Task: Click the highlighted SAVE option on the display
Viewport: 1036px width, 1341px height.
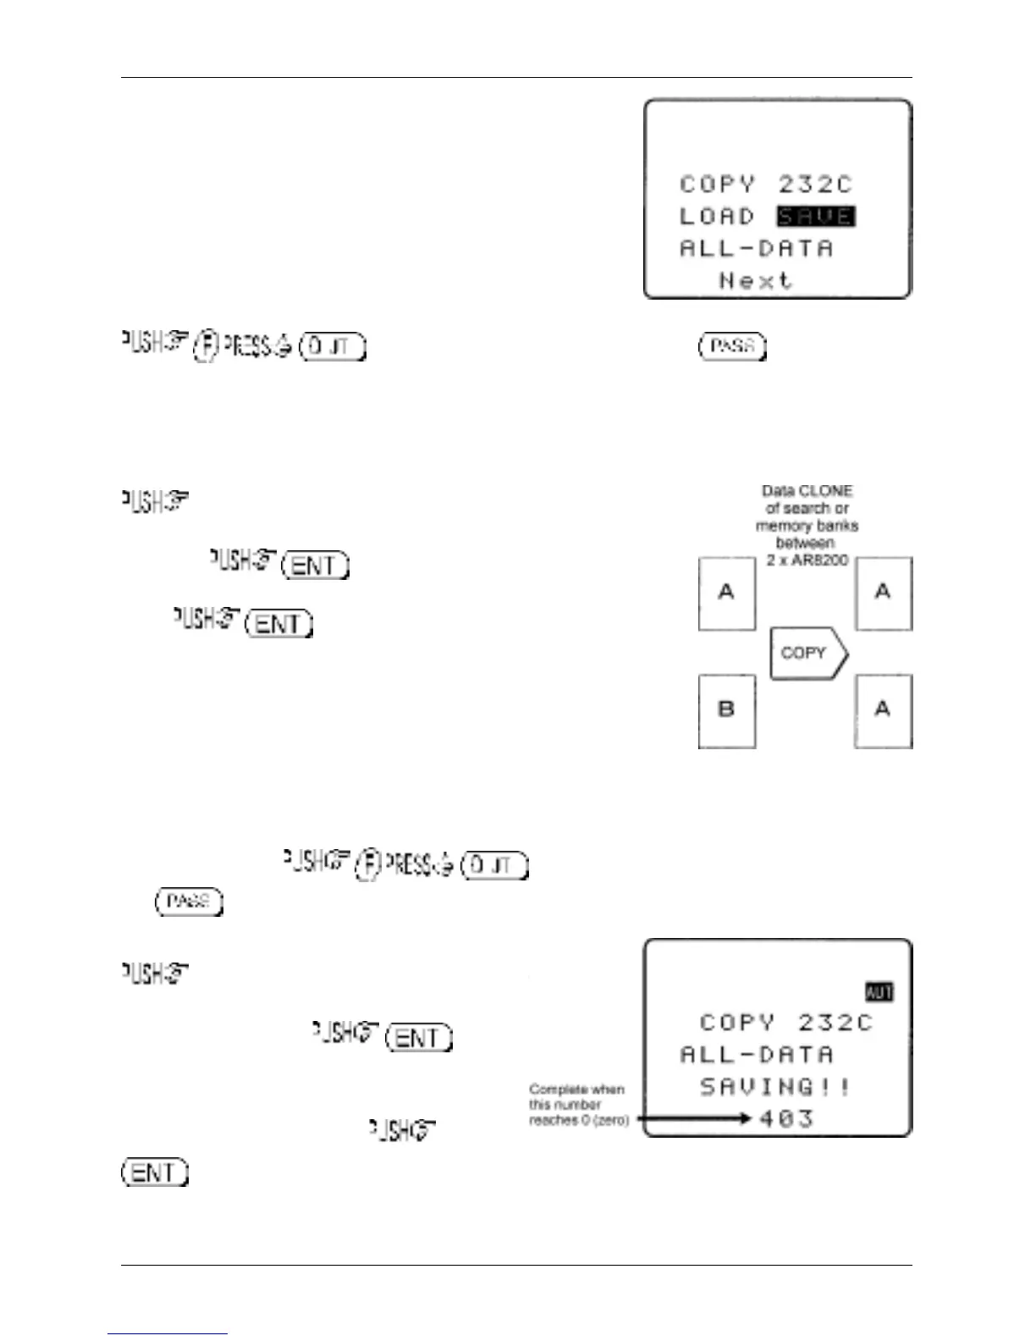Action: coord(816,217)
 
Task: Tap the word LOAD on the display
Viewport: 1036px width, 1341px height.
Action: coord(717,217)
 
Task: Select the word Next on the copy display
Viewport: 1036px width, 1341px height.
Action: coord(755,280)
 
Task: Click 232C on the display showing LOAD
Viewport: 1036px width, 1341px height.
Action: coord(815,185)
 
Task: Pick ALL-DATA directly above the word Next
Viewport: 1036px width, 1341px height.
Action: coord(756,249)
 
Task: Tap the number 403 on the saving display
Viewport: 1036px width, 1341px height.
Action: coord(786,1118)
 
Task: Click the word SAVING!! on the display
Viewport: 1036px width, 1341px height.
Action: coord(774,1087)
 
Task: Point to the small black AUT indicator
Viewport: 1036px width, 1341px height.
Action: coord(879,991)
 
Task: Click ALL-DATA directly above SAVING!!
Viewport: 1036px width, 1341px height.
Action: coord(756,1055)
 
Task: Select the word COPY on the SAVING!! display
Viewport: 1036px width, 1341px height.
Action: coord(736,1023)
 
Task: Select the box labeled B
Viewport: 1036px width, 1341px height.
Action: coord(726,710)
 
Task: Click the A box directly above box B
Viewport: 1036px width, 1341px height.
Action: coord(726,593)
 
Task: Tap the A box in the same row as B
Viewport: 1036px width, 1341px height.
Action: coord(883,710)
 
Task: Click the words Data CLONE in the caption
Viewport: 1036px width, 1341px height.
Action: coord(807,491)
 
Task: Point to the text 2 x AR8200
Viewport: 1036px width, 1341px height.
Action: coord(807,560)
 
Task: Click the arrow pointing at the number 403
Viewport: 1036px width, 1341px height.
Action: coord(694,1118)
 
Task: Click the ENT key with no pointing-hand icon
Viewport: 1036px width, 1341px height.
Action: coord(155,1173)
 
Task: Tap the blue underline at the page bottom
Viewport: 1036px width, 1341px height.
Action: coord(168,1333)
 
